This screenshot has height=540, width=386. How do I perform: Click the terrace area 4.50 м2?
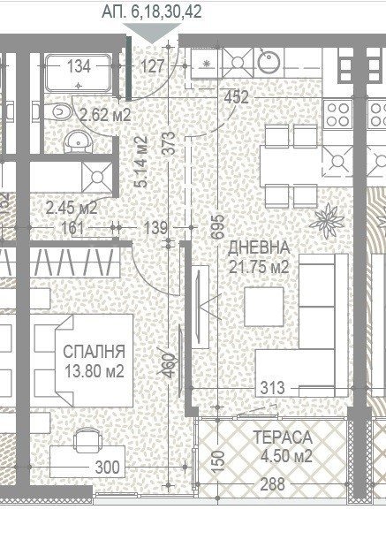[282, 457]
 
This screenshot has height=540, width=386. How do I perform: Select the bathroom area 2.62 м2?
[105, 113]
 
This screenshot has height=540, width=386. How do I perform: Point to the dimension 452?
[236, 97]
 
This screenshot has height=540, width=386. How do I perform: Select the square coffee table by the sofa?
[264, 307]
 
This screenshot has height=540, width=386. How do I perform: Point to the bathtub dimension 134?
[79, 65]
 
